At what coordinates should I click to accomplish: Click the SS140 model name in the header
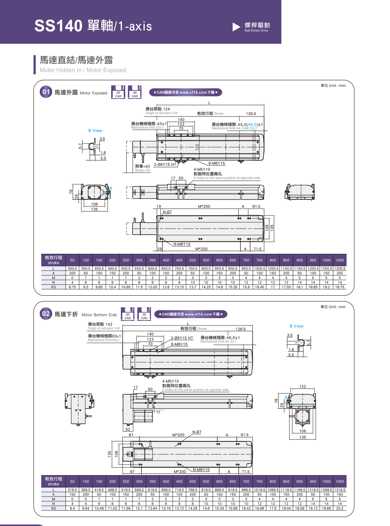[x=58, y=26]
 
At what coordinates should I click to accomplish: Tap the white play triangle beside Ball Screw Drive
[x=236, y=27]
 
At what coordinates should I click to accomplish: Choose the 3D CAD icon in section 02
[x=144, y=314]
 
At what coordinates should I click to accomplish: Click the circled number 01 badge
[x=46, y=92]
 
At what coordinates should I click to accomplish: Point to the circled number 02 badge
[x=46, y=314]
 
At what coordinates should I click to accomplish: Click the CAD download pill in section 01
[x=186, y=92]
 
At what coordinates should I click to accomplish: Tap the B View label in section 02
[x=296, y=326]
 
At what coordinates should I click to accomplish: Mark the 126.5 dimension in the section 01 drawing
[x=251, y=114]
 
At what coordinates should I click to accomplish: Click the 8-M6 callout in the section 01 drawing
[x=217, y=163]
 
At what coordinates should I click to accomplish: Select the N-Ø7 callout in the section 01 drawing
[x=167, y=212]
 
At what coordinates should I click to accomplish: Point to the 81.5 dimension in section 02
[x=245, y=435]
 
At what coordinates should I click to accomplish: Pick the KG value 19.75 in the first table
[x=340, y=287]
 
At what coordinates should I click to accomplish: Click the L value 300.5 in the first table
[x=72, y=269]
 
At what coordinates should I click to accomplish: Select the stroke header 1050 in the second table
[x=340, y=481]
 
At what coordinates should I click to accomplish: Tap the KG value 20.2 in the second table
[x=340, y=508]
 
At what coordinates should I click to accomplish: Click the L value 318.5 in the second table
[x=72, y=490]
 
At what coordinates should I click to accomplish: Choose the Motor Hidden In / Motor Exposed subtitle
[x=83, y=70]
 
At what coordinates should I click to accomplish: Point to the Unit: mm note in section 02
[x=333, y=307]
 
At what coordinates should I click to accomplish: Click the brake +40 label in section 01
[x=143, y=167]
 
